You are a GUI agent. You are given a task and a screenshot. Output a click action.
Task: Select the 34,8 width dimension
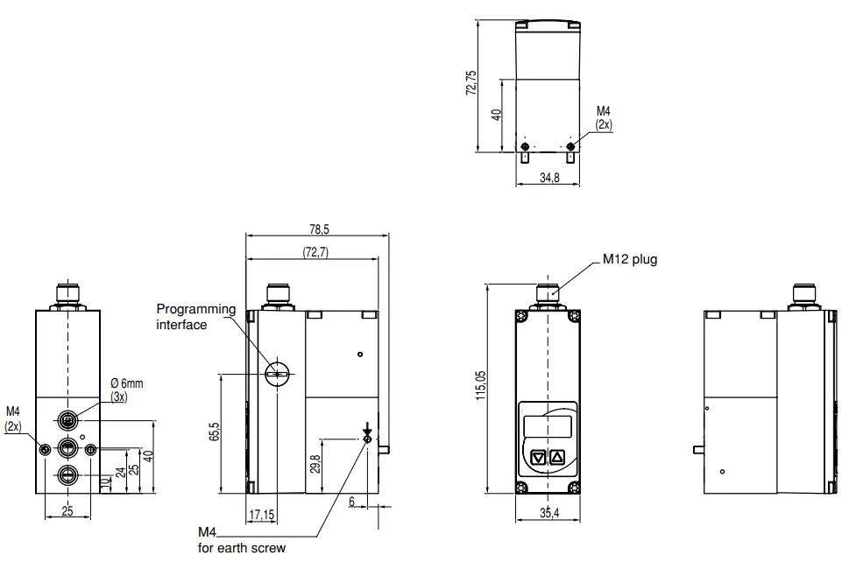coord(548,178)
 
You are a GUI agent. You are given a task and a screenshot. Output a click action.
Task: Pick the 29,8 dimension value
coord(315,463)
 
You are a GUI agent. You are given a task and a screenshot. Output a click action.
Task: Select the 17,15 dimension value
coord(262,516)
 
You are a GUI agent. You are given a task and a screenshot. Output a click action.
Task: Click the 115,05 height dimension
coord(479,385)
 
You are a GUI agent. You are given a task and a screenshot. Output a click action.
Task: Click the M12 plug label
coord(629,259)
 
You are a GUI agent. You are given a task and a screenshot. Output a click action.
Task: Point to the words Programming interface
coord(195,317)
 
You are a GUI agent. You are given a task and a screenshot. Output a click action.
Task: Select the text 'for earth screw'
coord(241,549)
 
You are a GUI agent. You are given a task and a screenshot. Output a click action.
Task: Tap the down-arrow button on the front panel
coord(538,456)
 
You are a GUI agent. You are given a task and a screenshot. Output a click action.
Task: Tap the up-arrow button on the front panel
coord(557,456)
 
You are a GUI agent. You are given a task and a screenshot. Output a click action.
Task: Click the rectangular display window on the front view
coord(548,427)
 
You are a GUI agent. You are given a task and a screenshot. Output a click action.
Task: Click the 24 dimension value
coord(120,473)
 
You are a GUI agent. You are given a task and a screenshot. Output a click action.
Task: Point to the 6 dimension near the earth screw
coord(352,502)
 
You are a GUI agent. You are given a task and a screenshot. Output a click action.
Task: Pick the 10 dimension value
coord(106,483)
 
